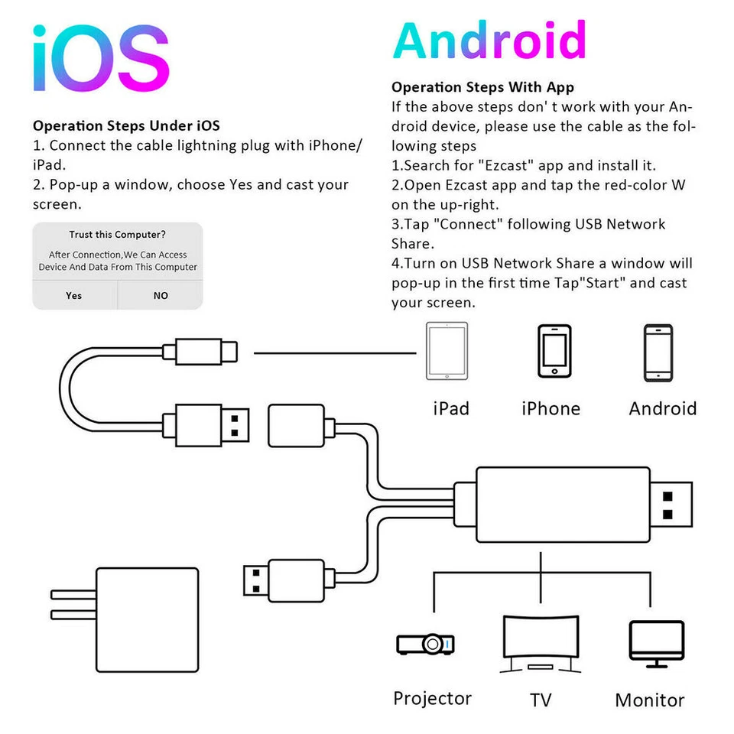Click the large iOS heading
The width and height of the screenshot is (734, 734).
point(100,59)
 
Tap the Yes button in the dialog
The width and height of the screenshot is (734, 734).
point(74,295)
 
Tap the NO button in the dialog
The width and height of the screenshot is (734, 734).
point(161,295)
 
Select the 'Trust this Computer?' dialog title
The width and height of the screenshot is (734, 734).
point(117,235)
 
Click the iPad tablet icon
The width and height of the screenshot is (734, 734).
point(447,352)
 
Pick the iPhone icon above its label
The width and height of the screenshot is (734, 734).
point(554,351)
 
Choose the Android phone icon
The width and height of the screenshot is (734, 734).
point(658,352)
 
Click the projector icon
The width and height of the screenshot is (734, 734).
point(425,644)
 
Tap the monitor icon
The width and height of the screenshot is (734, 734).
point(656,642)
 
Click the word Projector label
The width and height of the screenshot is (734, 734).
point(432,698)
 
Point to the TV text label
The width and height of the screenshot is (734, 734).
point(541,700)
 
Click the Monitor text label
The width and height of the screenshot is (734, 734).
point(649,700)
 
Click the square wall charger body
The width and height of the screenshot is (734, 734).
point(147,619)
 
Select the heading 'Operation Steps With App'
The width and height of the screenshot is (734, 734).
point(482,87)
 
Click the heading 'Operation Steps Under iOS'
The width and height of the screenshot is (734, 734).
point(126,125)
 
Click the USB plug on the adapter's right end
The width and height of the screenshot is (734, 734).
point(674,505)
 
